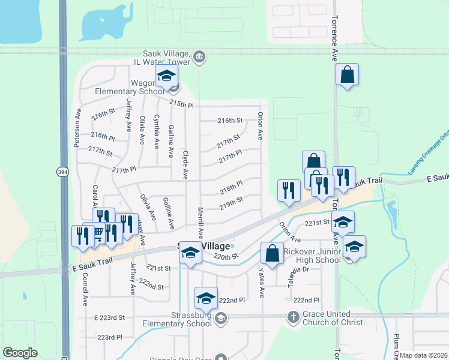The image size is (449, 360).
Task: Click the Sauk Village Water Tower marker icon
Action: tap(199, 58)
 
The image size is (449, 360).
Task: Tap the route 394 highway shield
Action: tap(61, 172)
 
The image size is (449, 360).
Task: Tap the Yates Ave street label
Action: tap(262, 283)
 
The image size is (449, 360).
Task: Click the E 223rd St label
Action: tap(109, 316)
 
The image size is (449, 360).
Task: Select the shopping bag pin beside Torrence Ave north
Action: tap(347, 75)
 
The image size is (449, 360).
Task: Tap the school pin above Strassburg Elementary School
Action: tap(206, 298)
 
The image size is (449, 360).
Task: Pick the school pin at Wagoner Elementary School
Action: tap(166, 76)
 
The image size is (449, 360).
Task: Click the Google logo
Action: tap(20, 353)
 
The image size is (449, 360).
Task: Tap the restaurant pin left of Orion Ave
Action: tap(289, 190)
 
